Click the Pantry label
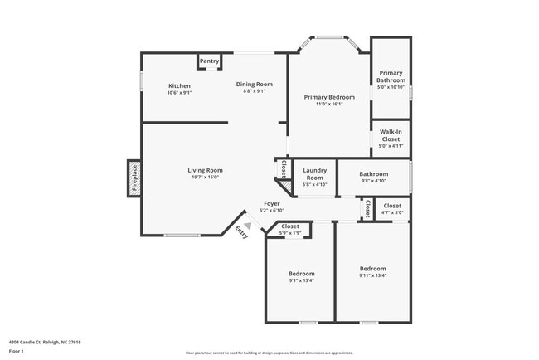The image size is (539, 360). coord(209,61)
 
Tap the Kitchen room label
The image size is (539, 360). coord(180,86)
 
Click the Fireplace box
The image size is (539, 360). coord(134,178)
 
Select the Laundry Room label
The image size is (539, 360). coord(314,173)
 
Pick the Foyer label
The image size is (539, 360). coord(271,203)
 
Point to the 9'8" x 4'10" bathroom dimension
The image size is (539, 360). coord(372,181)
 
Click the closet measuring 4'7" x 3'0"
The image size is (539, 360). coord(392,208)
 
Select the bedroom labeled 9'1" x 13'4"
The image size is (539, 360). coord(301,276)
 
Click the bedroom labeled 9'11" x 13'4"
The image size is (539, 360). coord(372,271)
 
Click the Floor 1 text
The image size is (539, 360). coord(16,352)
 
